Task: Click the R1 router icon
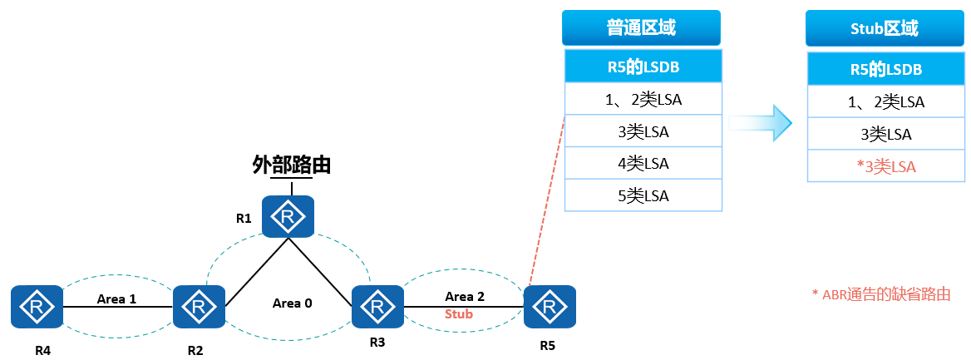[288, 216]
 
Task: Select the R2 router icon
[199, 307]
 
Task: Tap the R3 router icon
[377, 307]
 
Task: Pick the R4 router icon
[37, 307]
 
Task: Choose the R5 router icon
[549, 307]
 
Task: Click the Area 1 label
[116, 298]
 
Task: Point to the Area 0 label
[293, 303]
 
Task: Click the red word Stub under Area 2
[458, 314]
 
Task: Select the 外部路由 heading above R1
[291, 165]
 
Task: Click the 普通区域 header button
[640, 28]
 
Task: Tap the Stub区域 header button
[885, 29]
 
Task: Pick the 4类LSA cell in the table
[643, 164]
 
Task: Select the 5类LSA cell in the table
[643, 195]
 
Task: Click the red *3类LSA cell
[886, 166]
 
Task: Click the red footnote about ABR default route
[880, 294]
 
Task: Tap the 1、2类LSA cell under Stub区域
[886, 101]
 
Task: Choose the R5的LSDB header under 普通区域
[643, 67]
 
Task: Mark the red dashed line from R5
[547, 200]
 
